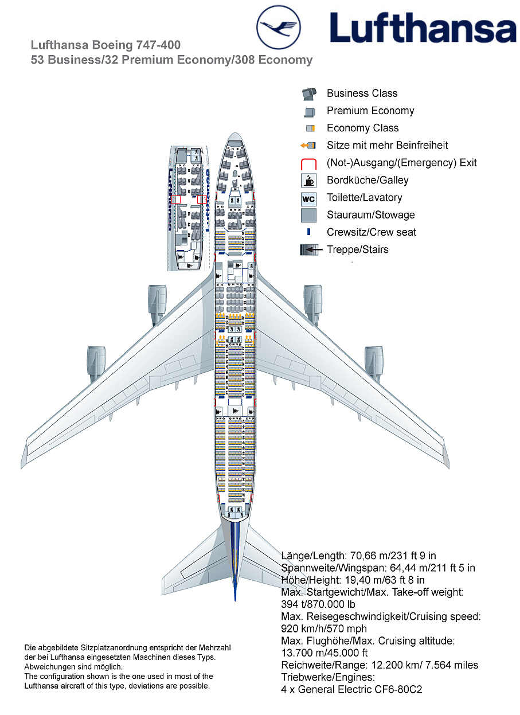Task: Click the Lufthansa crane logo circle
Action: [278, 27]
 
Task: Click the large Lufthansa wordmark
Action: [423, 29]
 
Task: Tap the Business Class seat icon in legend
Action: [308, 94]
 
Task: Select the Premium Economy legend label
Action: [370, 111]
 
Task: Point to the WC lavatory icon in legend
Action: [308, 199]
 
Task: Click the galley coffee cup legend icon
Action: [308, 181]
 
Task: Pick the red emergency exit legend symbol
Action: [308, 163]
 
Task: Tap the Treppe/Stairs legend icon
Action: [308, 250]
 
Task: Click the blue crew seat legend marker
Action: [308, 232]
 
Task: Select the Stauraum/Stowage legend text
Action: [370, 215]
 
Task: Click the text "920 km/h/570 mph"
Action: [324, 629]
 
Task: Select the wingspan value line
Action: [378, 568]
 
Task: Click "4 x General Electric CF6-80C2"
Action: [351, 690]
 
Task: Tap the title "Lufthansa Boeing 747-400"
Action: [105, 45]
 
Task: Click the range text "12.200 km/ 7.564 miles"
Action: [412, 665]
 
